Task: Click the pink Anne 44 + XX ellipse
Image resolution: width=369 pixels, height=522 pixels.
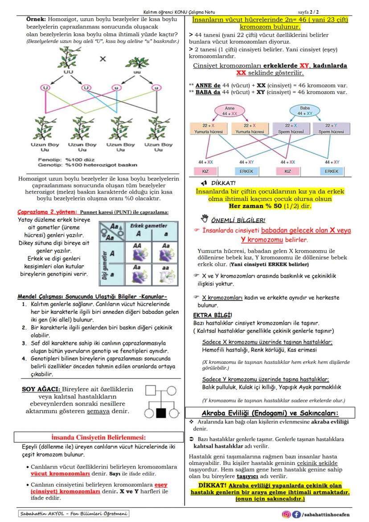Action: (229, 111)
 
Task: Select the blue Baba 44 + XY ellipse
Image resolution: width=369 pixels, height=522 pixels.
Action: (304, 111)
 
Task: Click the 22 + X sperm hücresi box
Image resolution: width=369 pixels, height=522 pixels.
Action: (292, 129)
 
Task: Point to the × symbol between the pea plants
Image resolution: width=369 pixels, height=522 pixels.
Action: (102, 58)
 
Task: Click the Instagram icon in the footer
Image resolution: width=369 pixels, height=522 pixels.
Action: (287, 514)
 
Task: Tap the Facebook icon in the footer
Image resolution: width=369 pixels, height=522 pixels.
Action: (295, 514)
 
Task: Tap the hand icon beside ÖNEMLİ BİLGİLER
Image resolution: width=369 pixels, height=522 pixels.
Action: (205, 218)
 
